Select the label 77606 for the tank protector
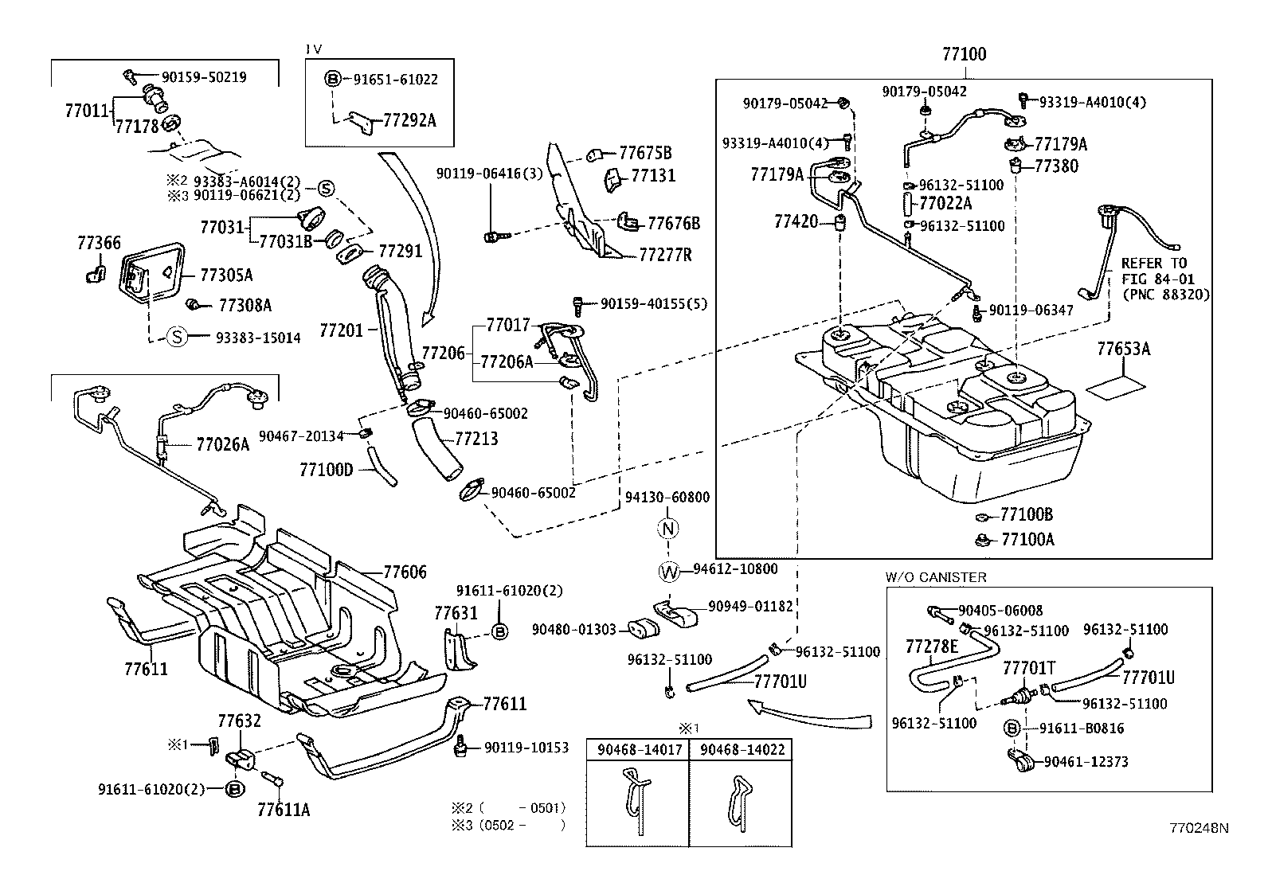click(x=405, y=572)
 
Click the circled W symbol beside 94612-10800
click(x=670, y=570)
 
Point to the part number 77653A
click(x=1123, y=349)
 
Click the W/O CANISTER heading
click(x=935, y=577)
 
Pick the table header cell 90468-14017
click(x=637, y=749)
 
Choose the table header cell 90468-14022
click(x=741, y=749)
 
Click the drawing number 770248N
click(x=1199, y=828)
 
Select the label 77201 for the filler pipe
click(x=341, y=330)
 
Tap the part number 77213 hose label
click(x=476, y=439)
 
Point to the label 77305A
click(x=225, y=275)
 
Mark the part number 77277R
click(x=666, y=255)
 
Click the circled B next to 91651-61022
click(x=333, y=79)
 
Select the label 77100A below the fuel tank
click(x=1027, y=539)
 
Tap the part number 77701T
click(x=1028, y=667)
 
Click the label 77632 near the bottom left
click(x=239, y=721)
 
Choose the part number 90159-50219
click(x=203, y=77)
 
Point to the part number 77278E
click(x=931, y=646)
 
